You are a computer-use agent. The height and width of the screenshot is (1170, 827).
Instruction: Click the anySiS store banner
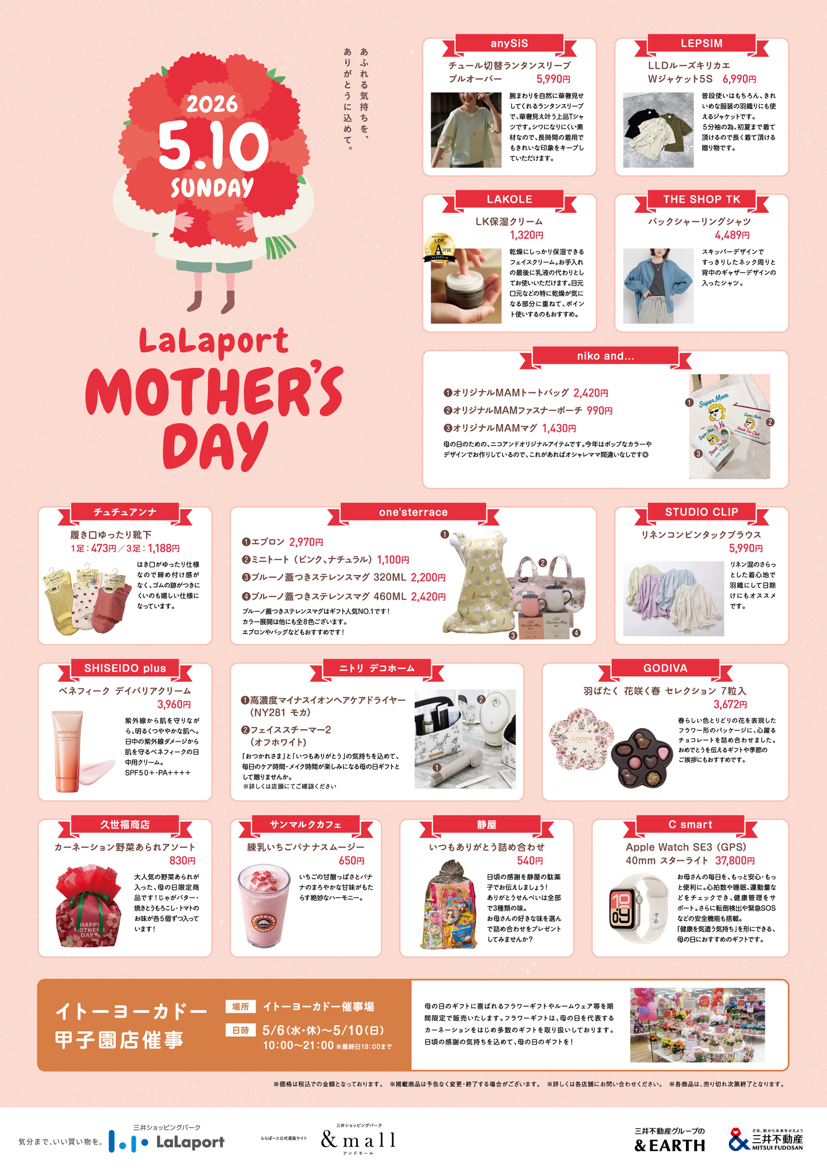[509, 43]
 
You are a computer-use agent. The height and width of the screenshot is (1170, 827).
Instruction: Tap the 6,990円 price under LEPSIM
[739, 79]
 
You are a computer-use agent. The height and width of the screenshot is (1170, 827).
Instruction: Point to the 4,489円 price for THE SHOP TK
[732, 235]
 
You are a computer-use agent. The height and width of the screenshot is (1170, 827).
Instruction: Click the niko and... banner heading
[605, 356]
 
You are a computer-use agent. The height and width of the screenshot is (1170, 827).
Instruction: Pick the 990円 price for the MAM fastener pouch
[599, 411]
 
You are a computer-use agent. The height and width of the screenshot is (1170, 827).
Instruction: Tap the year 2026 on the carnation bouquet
[212, 104]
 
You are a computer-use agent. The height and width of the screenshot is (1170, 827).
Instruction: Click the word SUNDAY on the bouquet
[212, 188]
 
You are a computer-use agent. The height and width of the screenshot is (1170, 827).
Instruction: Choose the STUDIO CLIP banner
[701, 512]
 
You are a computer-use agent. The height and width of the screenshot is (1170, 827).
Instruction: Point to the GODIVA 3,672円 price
[730, 704]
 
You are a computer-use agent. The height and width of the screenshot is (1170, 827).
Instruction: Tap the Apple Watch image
[637, 908]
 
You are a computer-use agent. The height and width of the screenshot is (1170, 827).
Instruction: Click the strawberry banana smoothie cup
[264, 905]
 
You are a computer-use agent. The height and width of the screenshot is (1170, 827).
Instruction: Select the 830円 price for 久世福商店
[182, 861]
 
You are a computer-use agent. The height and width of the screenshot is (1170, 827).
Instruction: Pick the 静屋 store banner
[487, 825]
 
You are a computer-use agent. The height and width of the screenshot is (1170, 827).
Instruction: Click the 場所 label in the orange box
[240, 1007]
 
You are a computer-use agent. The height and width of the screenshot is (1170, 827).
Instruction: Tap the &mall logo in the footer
[358, 1140]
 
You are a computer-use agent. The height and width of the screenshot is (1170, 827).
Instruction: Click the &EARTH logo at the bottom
[669, 1145]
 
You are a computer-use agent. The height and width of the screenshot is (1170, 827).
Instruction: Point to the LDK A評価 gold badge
[440, 247]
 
